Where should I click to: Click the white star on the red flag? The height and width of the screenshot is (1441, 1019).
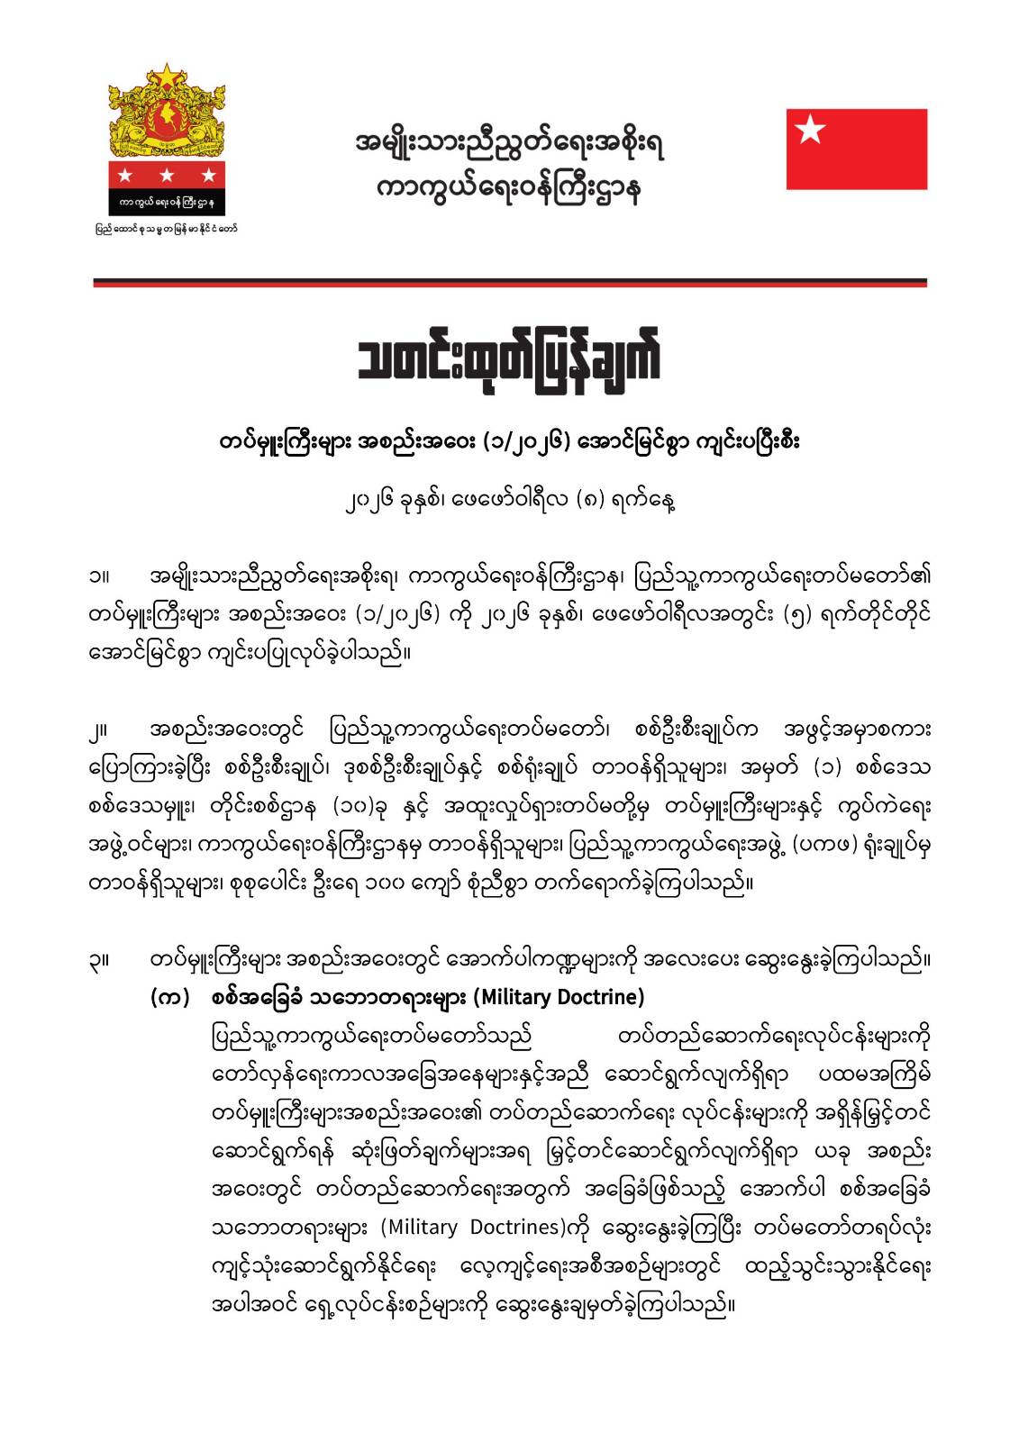pyautogui.click(x=812, y=131)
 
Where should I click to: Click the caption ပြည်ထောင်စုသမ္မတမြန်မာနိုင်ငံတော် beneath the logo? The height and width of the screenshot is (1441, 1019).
pyautogui.click(x=168, y=229)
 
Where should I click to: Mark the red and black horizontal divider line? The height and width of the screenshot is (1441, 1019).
pyautogui.click(x=509, y=283)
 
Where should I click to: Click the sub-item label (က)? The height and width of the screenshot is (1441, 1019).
pyautogui.click(x=168, y=998)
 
